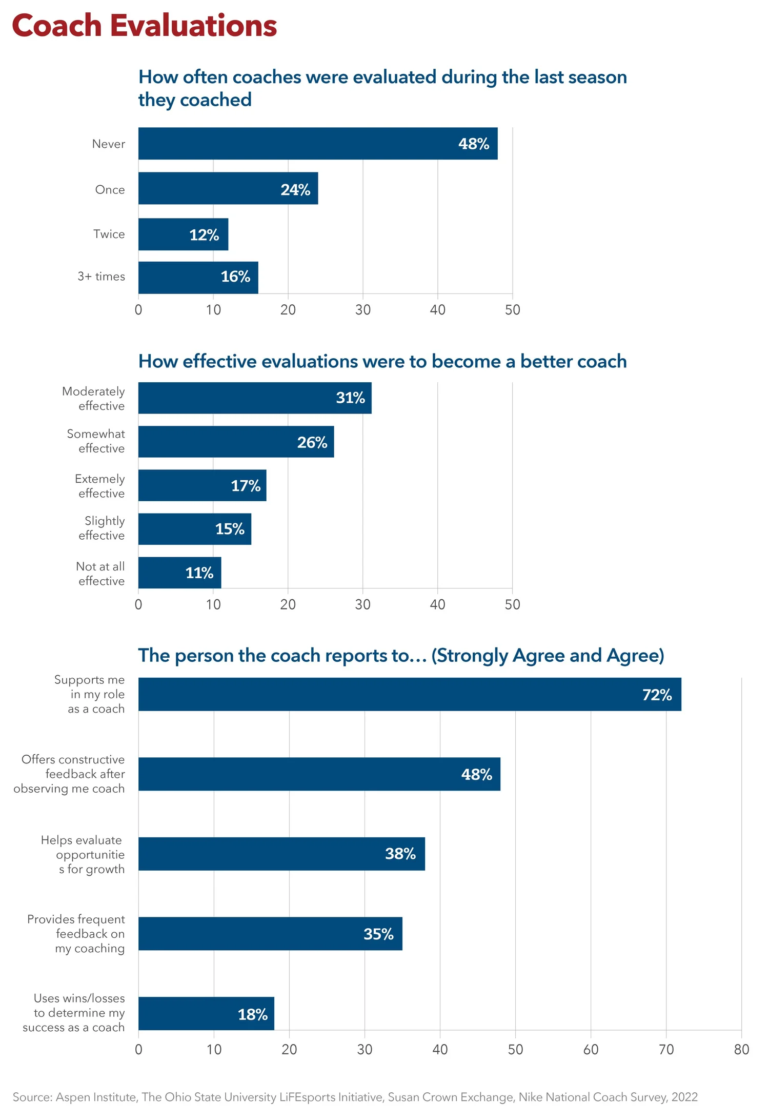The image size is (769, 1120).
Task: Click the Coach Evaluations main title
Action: click(x=144, y=26)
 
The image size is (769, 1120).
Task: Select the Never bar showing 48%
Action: click(x=317, y=144)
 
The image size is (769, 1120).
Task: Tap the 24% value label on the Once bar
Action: click(x=295, y=190)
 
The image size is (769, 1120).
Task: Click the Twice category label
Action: click(x=109, y=234)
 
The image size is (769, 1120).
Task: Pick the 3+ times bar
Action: click(x=198, y=278)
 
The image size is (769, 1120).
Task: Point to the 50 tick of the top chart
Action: click(x=512, y=310)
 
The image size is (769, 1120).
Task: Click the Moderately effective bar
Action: click(x=254, y=398)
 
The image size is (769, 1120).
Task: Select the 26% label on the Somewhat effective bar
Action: click(x=312, y=442)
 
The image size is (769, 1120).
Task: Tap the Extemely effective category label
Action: click(x=100, y=486)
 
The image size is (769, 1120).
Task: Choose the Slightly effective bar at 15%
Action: click(x=194, y=529)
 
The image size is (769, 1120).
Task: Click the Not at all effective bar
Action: click(x=179, y=573)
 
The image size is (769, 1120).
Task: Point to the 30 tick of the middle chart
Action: click(x=362, y=604)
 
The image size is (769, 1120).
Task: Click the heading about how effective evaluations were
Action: click(x=382, y=361)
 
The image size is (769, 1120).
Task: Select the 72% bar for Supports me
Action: click(x=409, y=694)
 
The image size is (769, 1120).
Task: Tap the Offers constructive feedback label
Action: click(x=70, y=774)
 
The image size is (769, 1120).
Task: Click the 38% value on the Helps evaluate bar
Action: click(x=400, y=854)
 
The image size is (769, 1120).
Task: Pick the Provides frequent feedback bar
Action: click(x=270, y=934)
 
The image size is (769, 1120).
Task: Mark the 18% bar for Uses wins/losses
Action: click(x=206, y=1014)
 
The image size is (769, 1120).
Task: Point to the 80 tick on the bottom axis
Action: click(x=741, y=1050)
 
